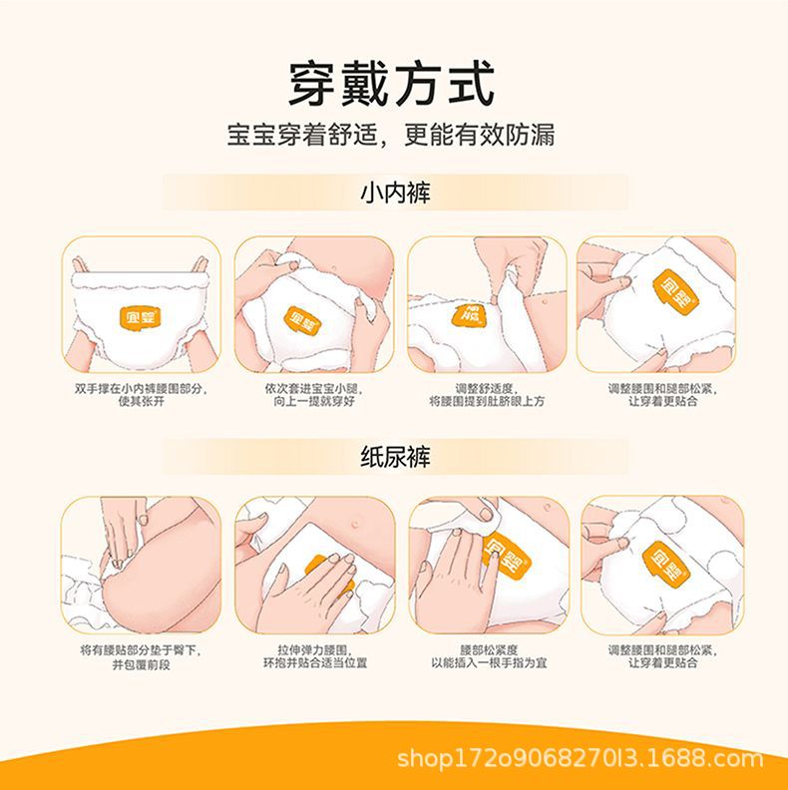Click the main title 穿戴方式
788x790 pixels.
(x=391, y=84)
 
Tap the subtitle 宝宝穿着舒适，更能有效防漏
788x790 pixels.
(x=391, y=135)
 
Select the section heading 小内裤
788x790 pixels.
(x=395, y=193)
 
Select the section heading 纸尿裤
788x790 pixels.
(x=395, y=457)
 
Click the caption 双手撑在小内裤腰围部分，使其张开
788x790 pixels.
(x=141, y=395)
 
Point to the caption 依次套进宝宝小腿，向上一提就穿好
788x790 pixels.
(x=314, y=395)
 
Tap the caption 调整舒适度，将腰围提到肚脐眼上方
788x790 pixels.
(x=487, y=395)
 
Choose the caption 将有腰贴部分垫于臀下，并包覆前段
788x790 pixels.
(x=141, y=657)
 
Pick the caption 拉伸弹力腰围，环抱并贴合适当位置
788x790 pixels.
(x=315, y=657)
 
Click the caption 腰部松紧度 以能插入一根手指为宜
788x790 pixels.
(x=489, y=657)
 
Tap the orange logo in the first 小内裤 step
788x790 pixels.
(x=141, y=318)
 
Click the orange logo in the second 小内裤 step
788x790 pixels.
(x=303, y=322)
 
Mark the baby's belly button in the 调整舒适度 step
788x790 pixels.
(x=545, y=302)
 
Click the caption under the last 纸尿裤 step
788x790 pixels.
(x=662, y=657)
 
